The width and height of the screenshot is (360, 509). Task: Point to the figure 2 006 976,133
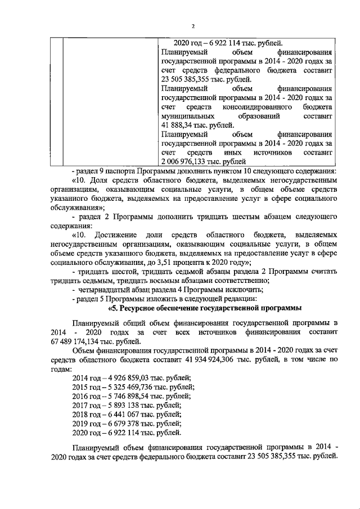(x=184, y=161)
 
